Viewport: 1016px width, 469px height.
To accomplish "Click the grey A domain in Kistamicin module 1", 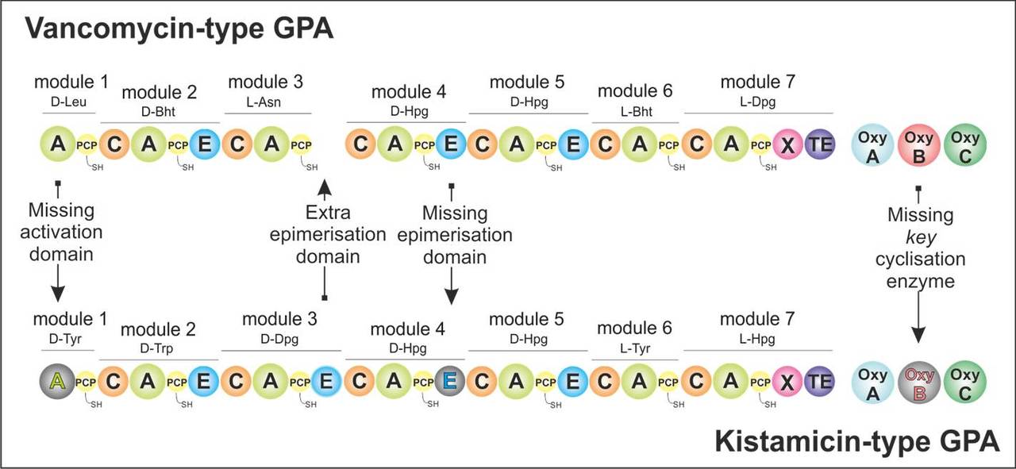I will point(57,382).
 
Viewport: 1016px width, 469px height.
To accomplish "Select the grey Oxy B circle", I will point(918,382).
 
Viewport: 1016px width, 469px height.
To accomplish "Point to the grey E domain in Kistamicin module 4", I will point(450,382).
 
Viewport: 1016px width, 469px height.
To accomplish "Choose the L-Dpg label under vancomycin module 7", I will point(757,103).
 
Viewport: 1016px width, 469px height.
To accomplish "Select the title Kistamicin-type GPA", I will point(857,441).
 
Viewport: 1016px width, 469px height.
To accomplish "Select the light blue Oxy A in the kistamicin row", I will point(872,382).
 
